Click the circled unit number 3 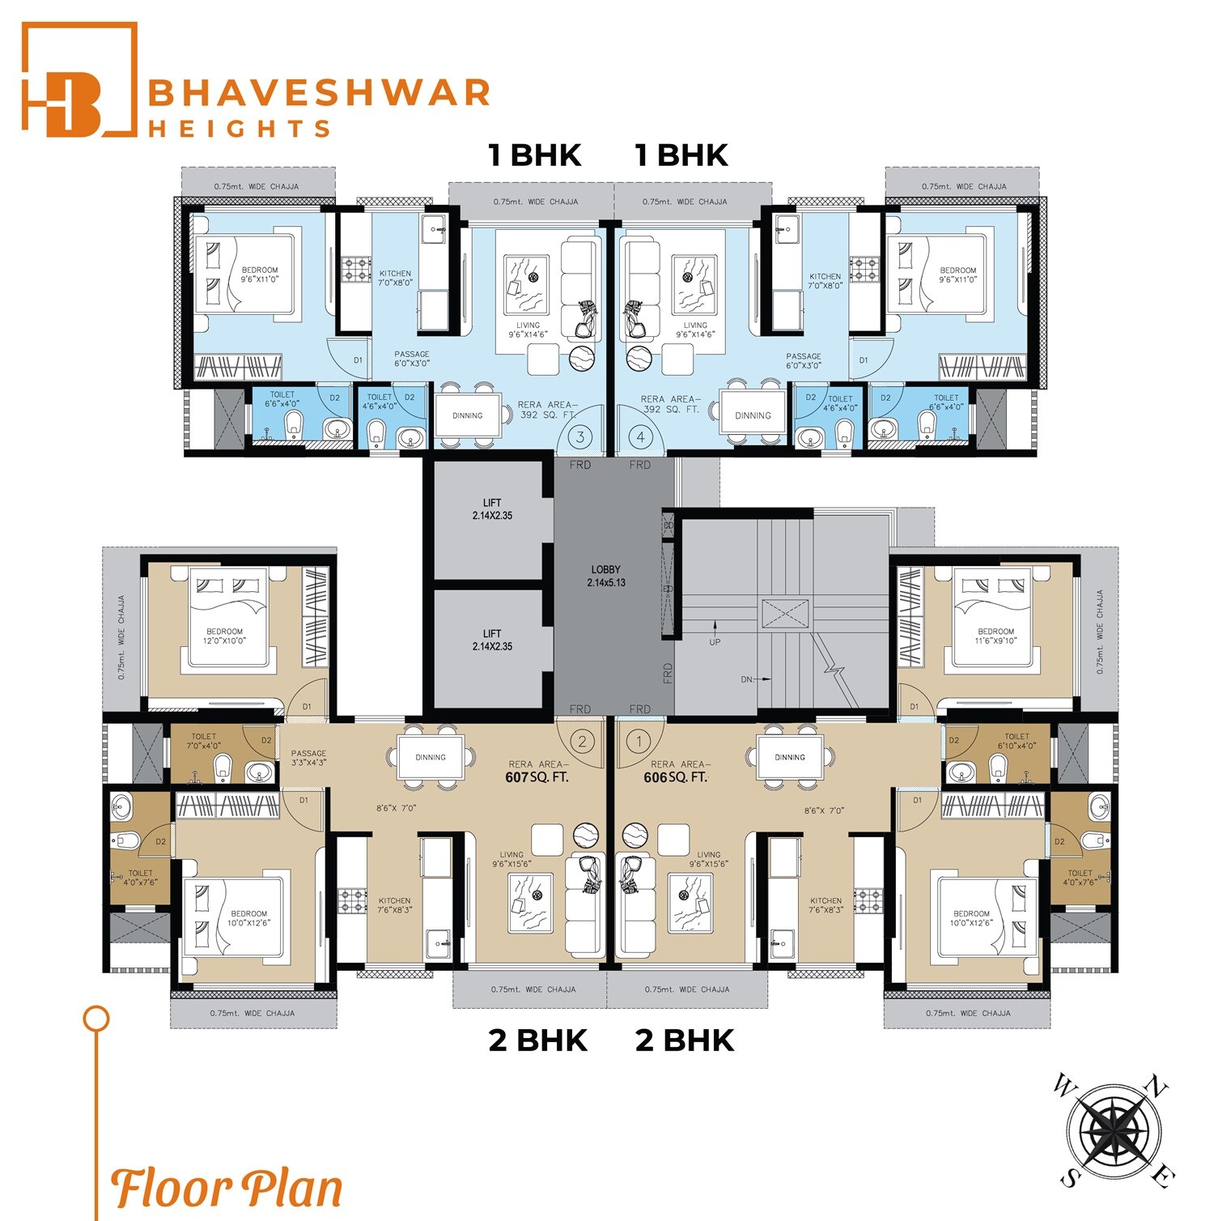click(x=579, y=437)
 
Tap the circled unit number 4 click(x=641, y=437)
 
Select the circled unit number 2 click(x=581, y=741)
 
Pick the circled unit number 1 click(x=639, y=741)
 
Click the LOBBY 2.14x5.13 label click(x=605, y=576)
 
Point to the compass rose click(x=1113, y=1130)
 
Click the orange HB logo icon click(x=79, y=79)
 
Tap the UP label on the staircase click(x=715, y=642)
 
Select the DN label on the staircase click(x=747, y=679)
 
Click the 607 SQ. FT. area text click(x=537, y=777)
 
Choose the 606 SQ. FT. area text click(x=675, y=777)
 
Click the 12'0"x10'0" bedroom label click(x=224, y=636)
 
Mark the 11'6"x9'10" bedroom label click(x=995, y=636)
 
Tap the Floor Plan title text click(x=227, y=1189)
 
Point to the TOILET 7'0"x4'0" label click(x=203, y=741)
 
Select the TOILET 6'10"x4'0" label click(x=1017, y=741)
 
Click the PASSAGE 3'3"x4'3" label click(x=308, y=757)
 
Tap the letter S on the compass click(x=1069, y=1178)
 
